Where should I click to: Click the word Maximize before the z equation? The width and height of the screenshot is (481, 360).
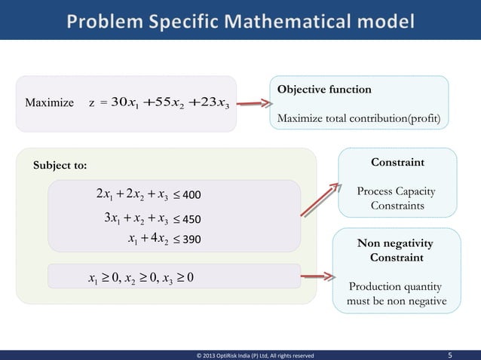50,102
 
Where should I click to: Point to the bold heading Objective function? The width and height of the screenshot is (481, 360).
324,90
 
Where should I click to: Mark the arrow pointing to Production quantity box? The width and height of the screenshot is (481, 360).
317,278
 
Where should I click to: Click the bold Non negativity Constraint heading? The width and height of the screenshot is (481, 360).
396,251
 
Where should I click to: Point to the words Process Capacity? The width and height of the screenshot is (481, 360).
396,192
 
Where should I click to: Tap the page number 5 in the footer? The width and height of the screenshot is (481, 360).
450,353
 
